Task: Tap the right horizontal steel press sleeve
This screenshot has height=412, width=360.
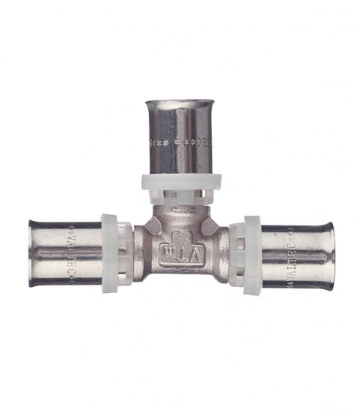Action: pos(296,255)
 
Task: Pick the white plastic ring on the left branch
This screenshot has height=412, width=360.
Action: pos(112,253)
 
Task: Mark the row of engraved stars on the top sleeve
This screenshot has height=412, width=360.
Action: pos(178,142)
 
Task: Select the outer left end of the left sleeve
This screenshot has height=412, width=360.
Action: pos(31,252)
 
